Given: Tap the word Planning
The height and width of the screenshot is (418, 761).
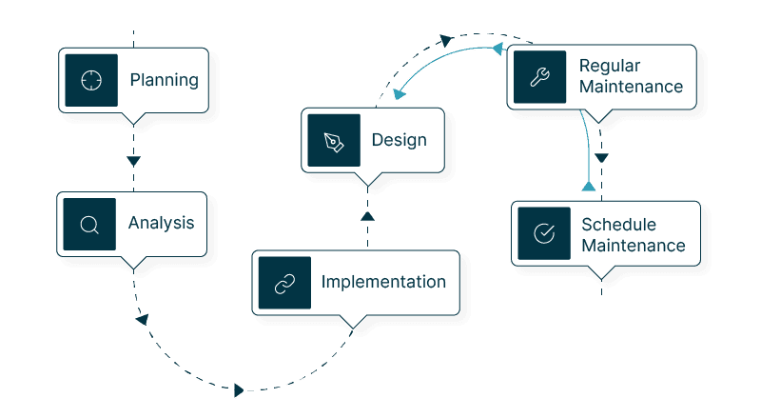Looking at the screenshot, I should tap(165, 80).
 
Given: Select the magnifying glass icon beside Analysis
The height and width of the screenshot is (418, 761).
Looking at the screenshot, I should tap(89, 225).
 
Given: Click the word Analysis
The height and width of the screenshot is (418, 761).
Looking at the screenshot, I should tap(162, 224).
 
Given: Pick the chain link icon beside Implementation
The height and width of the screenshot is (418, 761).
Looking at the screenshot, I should tap(284, 283).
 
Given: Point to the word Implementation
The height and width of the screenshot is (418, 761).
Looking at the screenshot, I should tap(383, 282).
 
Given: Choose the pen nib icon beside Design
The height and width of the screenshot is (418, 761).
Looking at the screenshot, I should tap(334, 141).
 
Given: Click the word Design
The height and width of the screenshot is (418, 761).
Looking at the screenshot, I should tap(400, 141).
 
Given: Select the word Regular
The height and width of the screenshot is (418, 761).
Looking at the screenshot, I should tap(610, 66).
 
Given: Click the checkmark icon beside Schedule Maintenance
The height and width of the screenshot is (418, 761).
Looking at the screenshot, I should tap(543, 233).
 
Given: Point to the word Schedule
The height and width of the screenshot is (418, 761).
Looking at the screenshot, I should tap(618, 225).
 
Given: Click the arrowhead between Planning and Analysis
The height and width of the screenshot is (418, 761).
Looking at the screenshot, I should tap(132, 159).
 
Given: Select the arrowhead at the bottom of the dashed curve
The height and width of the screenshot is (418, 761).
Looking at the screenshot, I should tap(239, 389).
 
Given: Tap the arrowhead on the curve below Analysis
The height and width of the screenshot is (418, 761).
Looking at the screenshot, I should tap(142, 319).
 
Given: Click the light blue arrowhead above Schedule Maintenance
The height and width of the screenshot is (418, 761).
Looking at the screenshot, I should tap(588, 187).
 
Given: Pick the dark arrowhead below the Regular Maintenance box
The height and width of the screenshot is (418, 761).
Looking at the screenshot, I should tap(601, 158).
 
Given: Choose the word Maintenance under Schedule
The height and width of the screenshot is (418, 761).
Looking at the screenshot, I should tap(634, 246).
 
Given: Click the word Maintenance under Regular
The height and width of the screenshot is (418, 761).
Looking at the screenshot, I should tap(632, 87).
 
